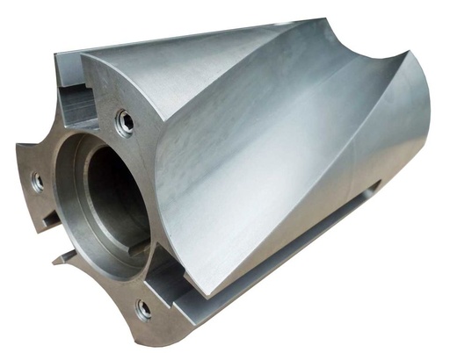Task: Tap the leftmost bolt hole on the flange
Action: coord(37,181)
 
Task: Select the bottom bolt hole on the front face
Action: coord(143,308)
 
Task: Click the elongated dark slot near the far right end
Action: coord(370,187)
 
